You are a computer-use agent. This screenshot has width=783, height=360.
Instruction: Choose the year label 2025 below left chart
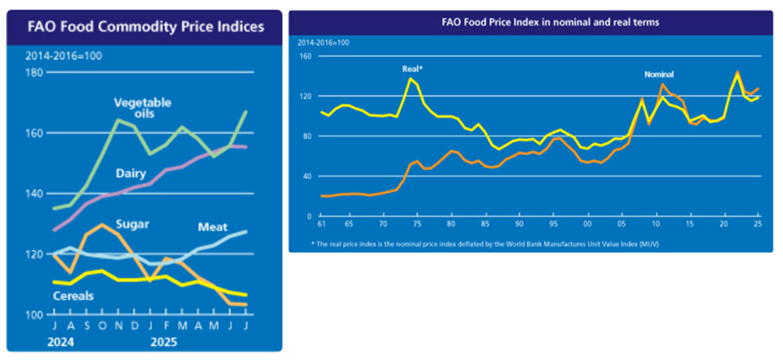pyautogui.click(x=160, y=342)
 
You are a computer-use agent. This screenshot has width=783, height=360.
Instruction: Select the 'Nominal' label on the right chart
pyautogui.click(x=659, y=75)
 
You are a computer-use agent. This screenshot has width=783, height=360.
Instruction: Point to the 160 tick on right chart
pyautogui.click(x=305, y=56)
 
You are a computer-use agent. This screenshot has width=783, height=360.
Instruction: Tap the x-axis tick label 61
pyautogui.click(x=323, y=225)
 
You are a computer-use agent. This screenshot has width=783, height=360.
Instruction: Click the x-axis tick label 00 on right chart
pyautogui.click(x=588, y=225)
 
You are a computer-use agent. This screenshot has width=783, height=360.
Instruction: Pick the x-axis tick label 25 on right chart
pyautogui.click(x=758, y=225)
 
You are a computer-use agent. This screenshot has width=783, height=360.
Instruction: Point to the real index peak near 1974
pyautogui.click(x=410, y=79)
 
